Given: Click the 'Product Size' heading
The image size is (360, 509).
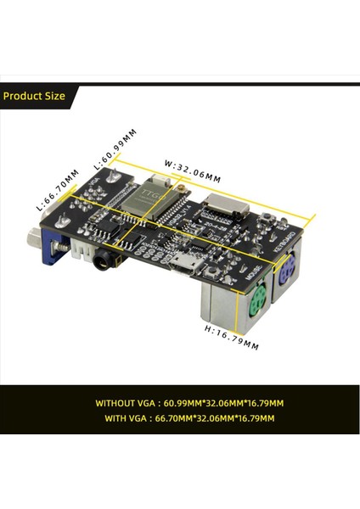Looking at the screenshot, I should [34, 96].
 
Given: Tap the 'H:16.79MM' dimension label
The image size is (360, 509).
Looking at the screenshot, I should [229, 337].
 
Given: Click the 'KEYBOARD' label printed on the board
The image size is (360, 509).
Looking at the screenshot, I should [288, 243].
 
